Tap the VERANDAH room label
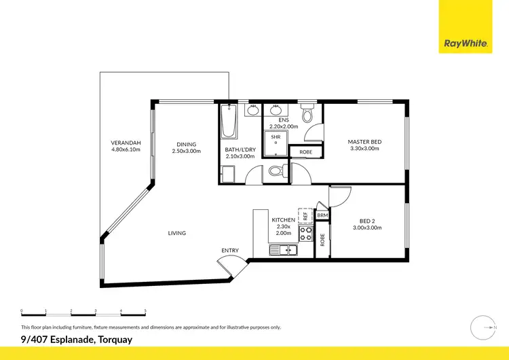coord(126,143)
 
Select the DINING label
coord(187,144)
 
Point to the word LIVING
coord(177,233)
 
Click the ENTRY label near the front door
coord(230,251)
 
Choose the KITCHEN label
coord(282,221)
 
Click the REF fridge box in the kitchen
coord(305,215)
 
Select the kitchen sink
coord(283,251)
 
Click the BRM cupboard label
coord(322,215)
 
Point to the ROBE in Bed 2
coord(322,239)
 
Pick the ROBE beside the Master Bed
coord(306,152)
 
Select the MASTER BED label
coord(365,142)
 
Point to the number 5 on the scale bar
coord(145,310)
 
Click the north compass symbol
coord(482,327)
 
